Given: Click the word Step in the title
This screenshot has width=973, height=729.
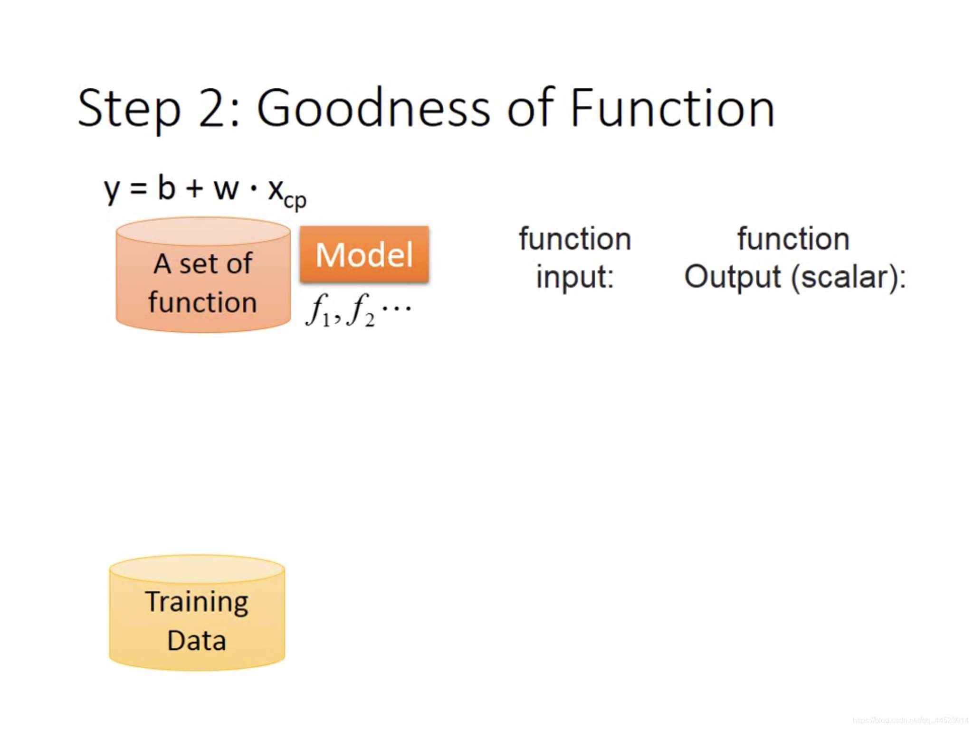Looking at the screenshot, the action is tap(129, 109).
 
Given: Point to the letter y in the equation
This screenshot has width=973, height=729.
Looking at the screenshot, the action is tap(112, 190).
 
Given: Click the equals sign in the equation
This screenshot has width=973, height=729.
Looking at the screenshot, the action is tap(138, 189).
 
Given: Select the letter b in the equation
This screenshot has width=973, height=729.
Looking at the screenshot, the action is tap(167, 187).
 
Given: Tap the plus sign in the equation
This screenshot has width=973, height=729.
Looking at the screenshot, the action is tap(195, 189).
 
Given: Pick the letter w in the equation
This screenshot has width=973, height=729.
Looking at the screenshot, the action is tap(226, 190).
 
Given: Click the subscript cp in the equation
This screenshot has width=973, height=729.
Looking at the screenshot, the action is tap(295, 200).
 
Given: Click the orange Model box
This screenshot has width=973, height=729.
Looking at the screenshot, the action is tap(364, 254).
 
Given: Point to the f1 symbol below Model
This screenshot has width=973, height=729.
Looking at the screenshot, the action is tap(318, 310).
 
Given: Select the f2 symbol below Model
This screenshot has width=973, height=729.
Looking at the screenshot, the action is tap(361, 310).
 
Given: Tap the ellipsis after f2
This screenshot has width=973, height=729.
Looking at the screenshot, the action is tap(396, 309).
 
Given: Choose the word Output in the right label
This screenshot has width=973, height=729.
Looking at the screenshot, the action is tap(733, 277).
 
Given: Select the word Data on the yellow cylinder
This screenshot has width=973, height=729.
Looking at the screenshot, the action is tap(197, 641).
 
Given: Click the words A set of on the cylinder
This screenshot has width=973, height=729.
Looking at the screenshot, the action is tap(203, 264).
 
